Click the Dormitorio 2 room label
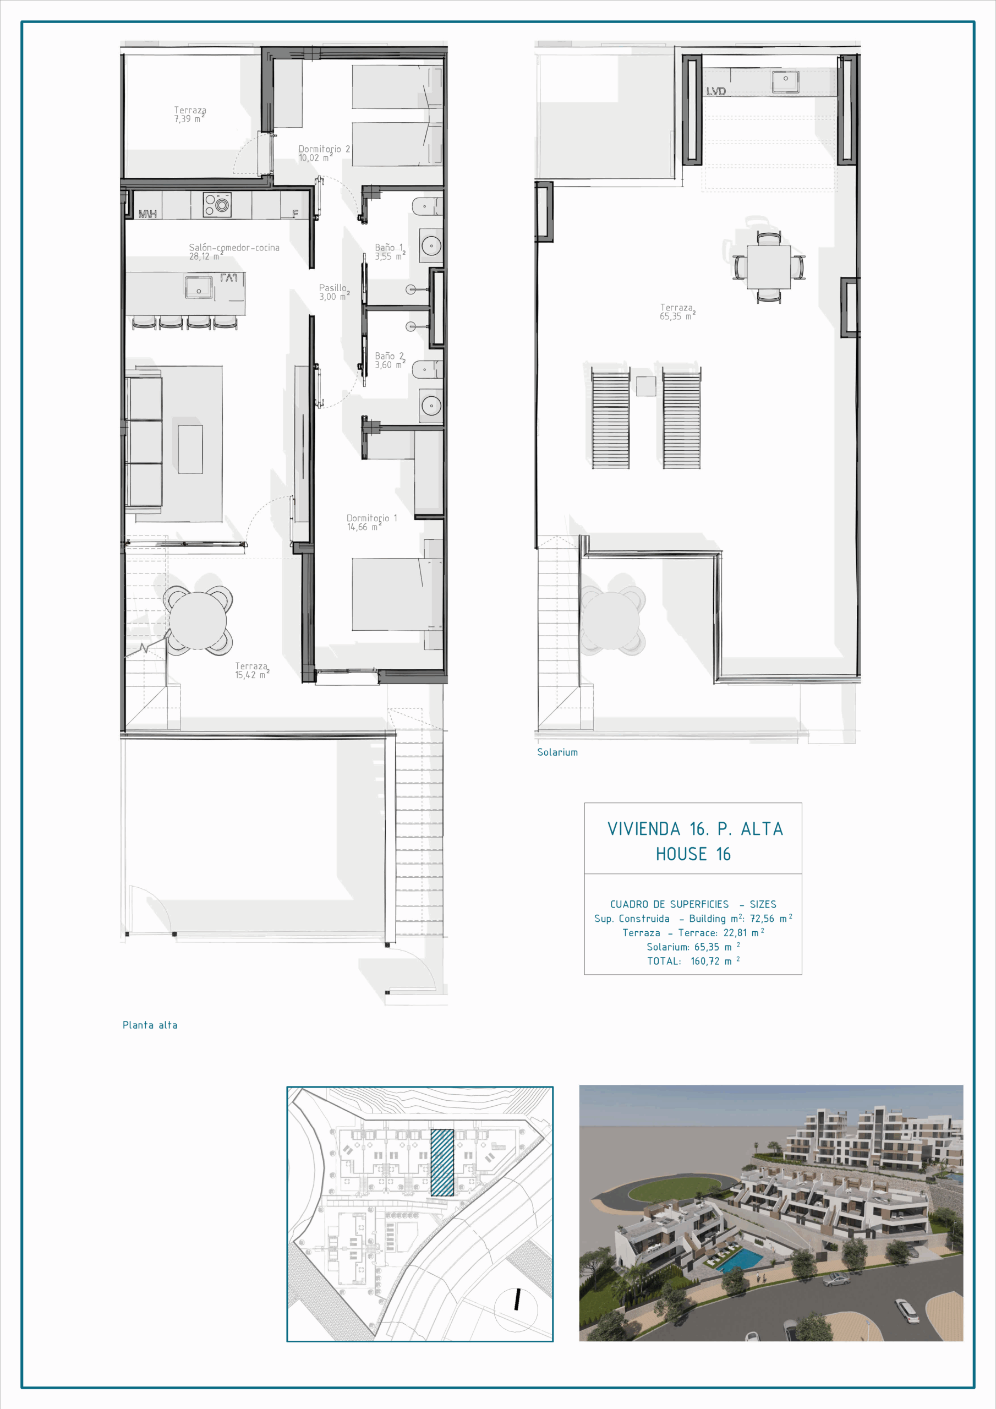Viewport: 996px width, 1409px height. point(324,154)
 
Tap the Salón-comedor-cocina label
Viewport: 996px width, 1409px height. point(234,252)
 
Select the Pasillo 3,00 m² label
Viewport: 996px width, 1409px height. point(334,292)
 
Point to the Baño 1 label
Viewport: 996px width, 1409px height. point(390,252)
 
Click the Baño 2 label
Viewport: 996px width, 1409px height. point(390,360)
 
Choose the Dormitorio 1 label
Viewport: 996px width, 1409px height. point(371,522)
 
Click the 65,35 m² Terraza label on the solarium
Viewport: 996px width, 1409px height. point(677,312)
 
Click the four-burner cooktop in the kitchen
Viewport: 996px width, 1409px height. point(217,205)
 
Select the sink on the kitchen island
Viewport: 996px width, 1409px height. point(199,287)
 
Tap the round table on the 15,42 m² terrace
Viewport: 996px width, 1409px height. point(198,620)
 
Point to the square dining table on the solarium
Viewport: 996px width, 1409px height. point(768,267)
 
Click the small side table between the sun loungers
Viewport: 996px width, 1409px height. point(645,386)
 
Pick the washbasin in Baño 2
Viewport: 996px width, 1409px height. point(431,405)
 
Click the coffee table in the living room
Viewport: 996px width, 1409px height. point(190,449)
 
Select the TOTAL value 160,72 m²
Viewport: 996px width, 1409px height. point(715,961)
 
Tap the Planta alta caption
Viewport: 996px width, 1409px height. point(150,1025)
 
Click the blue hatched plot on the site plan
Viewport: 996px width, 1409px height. point(442,1162)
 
